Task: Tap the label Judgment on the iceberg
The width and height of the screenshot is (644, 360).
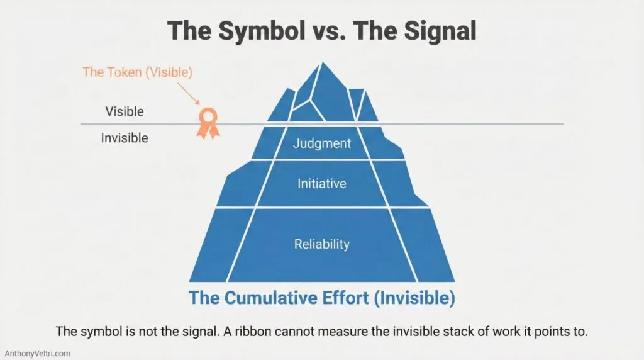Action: tap(322, 143)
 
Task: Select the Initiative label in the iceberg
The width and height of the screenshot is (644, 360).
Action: tap(322, 184)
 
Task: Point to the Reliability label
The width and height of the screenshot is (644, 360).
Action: tap(322, 244)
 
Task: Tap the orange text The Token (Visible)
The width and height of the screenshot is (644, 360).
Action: tap(138, 72)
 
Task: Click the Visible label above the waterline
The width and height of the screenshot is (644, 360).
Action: tap(125, 112)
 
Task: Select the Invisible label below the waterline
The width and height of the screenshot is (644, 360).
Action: tap(125, 137)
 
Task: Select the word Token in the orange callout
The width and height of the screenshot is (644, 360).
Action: tap(123, 72)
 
